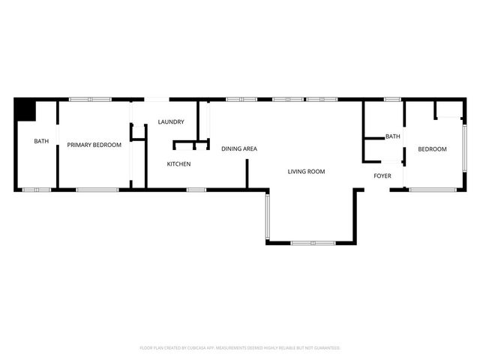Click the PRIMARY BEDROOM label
[94, 145]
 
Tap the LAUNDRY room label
[170, 122]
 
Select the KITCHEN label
[178, 163]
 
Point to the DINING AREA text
[239, 148]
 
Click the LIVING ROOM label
[306, 172]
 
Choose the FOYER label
[382, 176]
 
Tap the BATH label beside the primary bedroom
[40, 141]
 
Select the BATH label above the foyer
[392, 136]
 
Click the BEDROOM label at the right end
[432, 149]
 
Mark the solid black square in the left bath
[26, 109]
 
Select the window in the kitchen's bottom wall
[196, 190]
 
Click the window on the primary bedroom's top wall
[90, 99]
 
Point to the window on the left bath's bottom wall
[36, 190]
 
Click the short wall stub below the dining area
[247, 173]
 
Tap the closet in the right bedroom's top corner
[448, 109]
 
